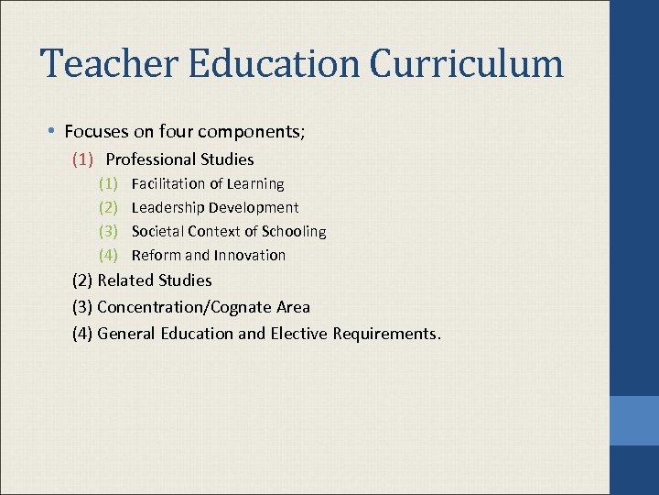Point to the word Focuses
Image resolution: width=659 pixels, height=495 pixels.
click(x=97, y=132)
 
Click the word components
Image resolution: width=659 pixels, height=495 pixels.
click(x=260, y=132)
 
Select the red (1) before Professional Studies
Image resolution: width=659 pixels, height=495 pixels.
click(x=83, y=159)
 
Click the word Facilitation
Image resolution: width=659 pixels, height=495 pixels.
click(x=167, y=184)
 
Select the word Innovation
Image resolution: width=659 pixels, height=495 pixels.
click(x=249, y=256)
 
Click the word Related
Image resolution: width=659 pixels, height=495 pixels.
click(x=125, y=280)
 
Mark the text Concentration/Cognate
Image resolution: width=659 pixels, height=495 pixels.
click(x=187, y=307)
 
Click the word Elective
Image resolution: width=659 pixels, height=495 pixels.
click(x=298, y=334)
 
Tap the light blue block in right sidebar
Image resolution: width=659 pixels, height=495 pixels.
click(x=633, y=422)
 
